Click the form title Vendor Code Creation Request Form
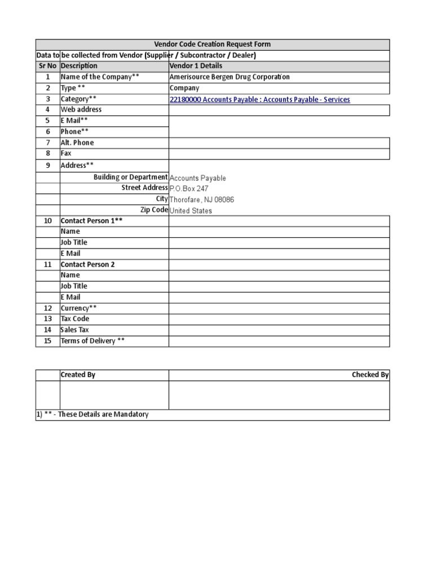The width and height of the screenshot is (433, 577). click(213, 45)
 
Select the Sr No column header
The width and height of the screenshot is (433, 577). click(47, 66)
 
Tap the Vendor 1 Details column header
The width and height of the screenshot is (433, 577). click(196, 66)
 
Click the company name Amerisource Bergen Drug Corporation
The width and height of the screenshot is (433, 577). click(229, 77)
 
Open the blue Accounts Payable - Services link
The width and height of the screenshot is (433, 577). click(259, 100)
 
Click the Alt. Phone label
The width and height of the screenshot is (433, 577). click(77, 143)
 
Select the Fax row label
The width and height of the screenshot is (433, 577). click(66, 153)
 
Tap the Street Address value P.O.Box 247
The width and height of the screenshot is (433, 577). click(189, 189)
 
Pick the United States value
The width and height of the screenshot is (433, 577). click(191, 211)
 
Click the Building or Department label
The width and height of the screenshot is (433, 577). click(130, 177)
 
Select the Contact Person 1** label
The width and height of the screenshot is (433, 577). click(91, 221)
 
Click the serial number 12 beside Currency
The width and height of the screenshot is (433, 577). click(48, 308)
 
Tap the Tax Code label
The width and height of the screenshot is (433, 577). click(75, 319)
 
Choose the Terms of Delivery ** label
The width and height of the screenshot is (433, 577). click(92, 341)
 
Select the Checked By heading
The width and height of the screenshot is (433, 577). click(370, 375)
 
